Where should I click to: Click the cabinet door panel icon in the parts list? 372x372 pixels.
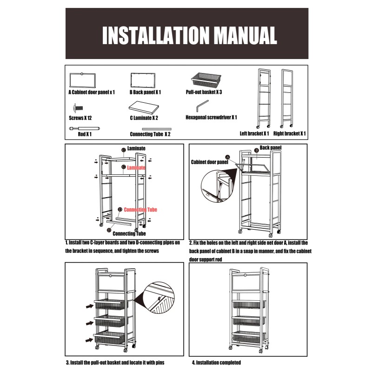82,80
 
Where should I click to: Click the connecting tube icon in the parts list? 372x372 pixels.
156,128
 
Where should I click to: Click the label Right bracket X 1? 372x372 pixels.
290,134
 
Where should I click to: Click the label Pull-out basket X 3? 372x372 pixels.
204,93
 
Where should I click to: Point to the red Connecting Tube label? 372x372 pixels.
140,210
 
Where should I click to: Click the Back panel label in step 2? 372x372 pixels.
271,148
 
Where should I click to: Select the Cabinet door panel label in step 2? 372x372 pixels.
209,163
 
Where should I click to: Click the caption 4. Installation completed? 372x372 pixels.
216,362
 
